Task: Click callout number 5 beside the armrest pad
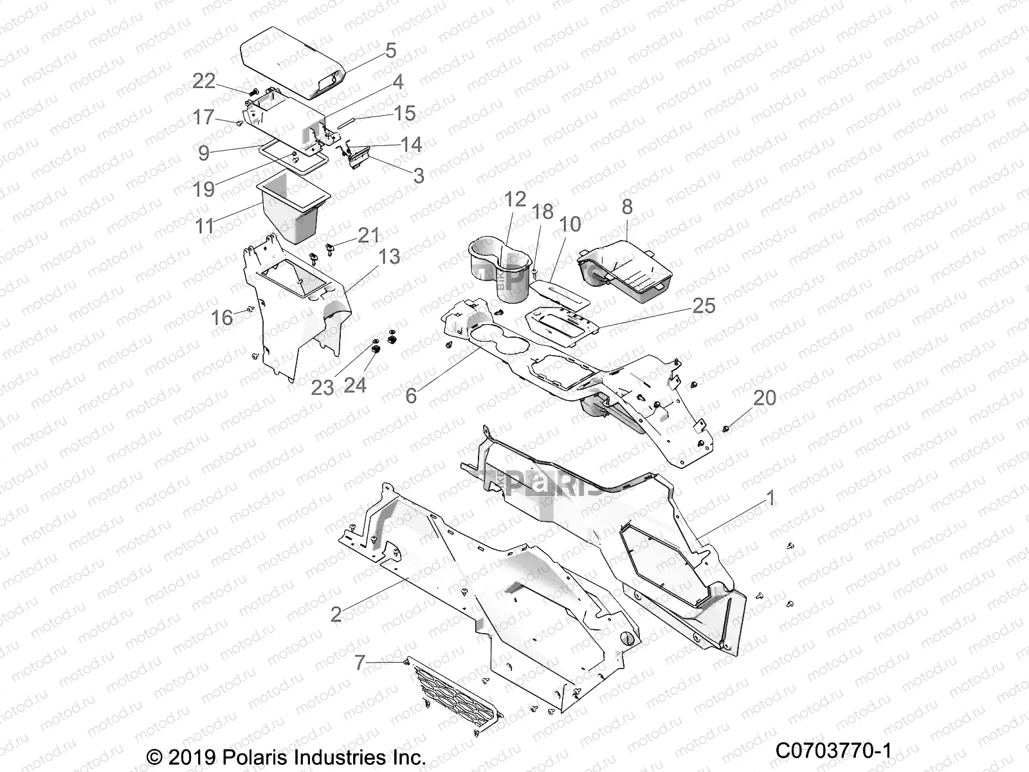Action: (x=390, y=50)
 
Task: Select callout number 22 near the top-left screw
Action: (x=205, y=80)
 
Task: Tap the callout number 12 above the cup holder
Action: (x=515, y=199)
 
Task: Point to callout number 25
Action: (x=704, y=305)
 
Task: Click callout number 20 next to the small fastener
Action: (x=765, y=398)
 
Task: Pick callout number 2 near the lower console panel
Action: (x=336, y=614)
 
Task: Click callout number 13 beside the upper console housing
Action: (x=388, y=256)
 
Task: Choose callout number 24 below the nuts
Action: (x=355, y=385)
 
